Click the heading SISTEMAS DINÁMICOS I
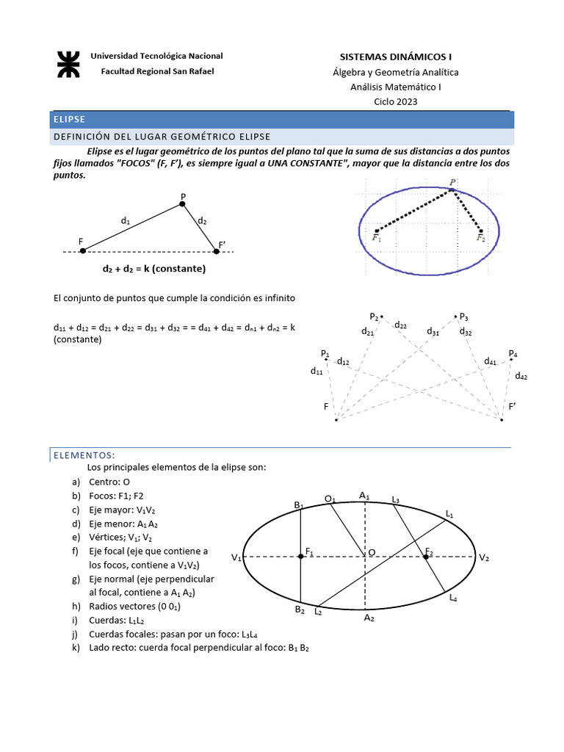click(395, 57)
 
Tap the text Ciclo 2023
click(395, 101)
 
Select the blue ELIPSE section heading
click(70, 119)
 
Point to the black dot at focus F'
click(216, 251)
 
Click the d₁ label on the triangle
click(126, 220)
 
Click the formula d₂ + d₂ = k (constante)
click(154, 269)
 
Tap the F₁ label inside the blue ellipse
click(377, 238)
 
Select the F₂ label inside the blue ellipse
click(480, 238)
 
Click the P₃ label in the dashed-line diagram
click(463, 317)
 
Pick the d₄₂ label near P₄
click(521, 376)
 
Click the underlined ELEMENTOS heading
click(84, 455)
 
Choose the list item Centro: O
click(109, 482)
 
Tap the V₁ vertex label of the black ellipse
click(236, 558)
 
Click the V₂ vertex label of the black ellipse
click(484, 558)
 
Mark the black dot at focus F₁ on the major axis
click(300, 557)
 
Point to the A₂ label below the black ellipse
click(369, 618)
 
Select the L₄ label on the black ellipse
click(453, 599)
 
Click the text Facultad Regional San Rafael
click(157, 71)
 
